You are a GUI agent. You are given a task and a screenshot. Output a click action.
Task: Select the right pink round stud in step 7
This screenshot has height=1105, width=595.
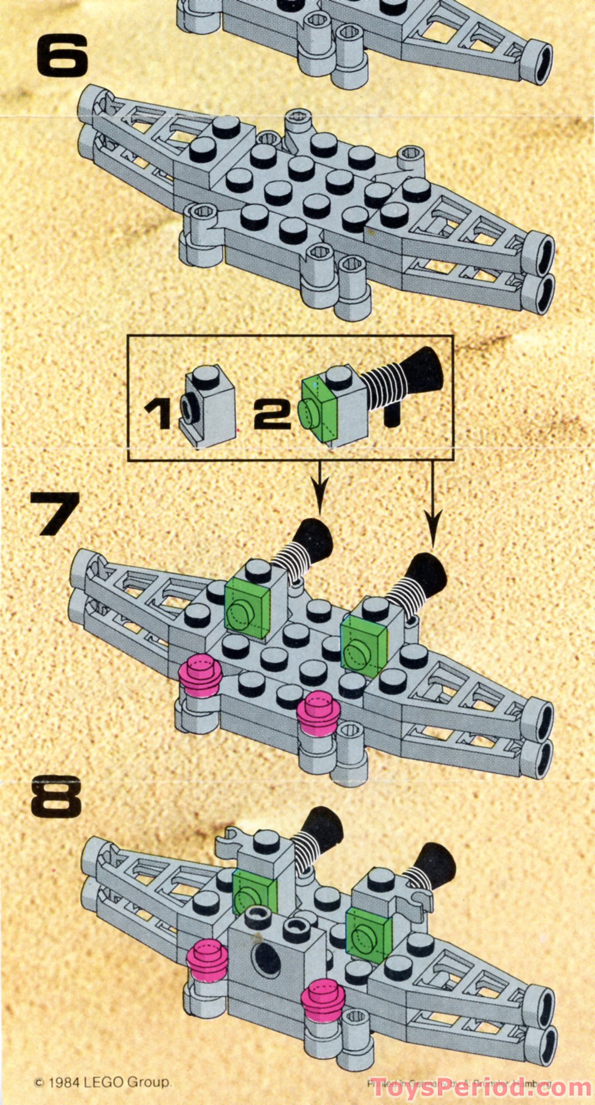point(319,710)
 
